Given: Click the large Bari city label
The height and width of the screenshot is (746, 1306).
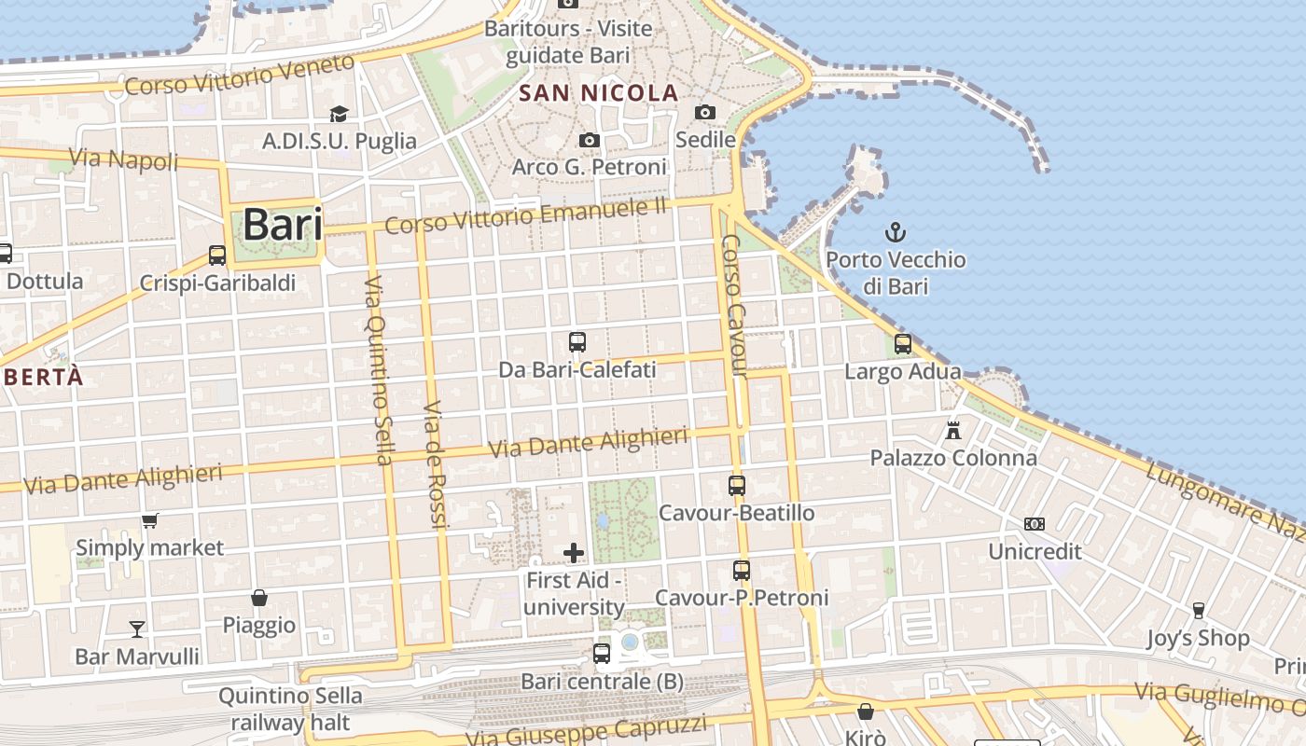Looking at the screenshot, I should (x=283, y=226).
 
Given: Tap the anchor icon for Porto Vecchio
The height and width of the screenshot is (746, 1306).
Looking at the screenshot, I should (x=896, y=232).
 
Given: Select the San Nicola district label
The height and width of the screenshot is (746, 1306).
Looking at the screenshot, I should (x=598, y=93).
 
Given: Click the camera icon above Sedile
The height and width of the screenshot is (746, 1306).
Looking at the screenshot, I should (x=705, y=113).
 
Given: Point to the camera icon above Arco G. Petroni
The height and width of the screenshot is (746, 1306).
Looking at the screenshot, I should (x=590, y=141).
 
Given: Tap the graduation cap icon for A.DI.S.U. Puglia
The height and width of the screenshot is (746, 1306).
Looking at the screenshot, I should (x=339, y=114).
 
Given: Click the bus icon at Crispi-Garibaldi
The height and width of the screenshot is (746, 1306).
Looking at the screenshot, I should (x=217, y=255).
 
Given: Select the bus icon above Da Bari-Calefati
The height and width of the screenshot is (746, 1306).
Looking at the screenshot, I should (x=577, y=342).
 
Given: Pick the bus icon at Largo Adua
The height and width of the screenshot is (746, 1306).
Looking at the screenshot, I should (x=902, y=344).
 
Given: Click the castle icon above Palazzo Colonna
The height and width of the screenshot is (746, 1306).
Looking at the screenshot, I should (x=952, y=431).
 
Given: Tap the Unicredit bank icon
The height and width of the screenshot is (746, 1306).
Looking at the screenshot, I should (x=1035, y=524).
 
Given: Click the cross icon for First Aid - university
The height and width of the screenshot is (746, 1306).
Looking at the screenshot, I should (x=574, y=554).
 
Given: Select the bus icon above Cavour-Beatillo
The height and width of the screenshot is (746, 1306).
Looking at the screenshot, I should (x=737, y=486).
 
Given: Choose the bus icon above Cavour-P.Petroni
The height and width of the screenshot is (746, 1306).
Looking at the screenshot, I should (x=742, y=571).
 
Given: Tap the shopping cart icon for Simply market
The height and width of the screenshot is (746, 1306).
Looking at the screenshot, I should (x=149, y=520).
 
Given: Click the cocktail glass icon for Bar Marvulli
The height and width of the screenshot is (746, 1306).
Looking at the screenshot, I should (x=137, y=629).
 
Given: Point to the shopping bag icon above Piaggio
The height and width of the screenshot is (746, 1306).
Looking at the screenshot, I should (x=259, y=598).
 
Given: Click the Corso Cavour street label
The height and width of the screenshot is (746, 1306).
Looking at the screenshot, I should (x=736, y=306).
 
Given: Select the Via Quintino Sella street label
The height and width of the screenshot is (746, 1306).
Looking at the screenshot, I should (x=378, y=369).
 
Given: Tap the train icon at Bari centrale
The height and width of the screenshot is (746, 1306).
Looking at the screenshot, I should (x=602, y=654).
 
